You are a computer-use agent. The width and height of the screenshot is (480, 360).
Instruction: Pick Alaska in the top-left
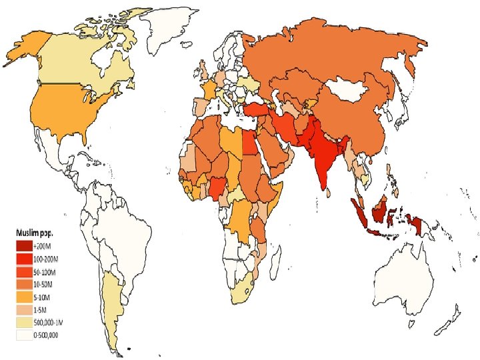tap(27, 50)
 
